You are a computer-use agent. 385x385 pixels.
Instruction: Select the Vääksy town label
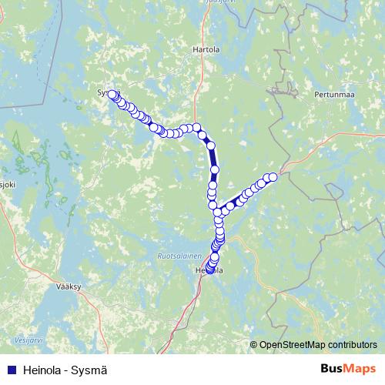tap(69, 285)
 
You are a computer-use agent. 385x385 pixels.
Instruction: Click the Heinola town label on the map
tap(209, 271)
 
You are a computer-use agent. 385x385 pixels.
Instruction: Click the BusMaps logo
tap(348, 369)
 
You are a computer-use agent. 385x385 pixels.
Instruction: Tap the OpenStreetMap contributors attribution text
tap(318, 344)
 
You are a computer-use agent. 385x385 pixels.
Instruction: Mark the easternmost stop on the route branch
tap(272, 176)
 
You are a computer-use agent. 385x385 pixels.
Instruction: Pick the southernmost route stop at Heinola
tap(209, 270)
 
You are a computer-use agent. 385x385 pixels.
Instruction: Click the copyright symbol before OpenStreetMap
tap(254, 344)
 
